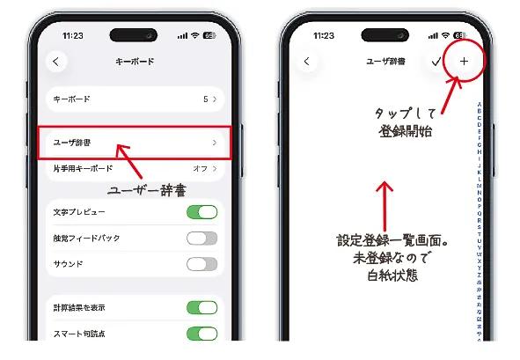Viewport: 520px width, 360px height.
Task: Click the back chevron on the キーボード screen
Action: tap(57, 62)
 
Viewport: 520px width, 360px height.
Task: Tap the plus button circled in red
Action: tap(464, 62)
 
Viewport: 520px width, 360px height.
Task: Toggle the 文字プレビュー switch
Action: tap(201, 212)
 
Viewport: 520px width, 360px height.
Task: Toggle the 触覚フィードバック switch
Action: tap(201, 238)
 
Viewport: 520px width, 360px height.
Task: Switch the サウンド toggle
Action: tap(201, 263)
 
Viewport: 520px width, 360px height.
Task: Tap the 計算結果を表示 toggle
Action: tap(201, 307)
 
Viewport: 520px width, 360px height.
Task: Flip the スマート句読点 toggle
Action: tap(201, 333)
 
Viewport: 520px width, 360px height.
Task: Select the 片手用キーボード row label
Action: tap(84, 167)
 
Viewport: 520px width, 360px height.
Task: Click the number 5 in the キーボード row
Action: tap(205, 99)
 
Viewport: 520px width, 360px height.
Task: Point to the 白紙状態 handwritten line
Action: tap(385, 276)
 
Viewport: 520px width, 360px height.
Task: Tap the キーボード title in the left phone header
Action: tap(134, 62)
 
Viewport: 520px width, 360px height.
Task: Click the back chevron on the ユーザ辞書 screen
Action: tap(306, 62)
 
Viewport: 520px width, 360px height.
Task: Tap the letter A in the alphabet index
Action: tap(479, 104)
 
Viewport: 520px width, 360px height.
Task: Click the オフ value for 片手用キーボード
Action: tap(200, 167)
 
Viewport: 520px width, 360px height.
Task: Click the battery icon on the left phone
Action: tap(208, 36)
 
